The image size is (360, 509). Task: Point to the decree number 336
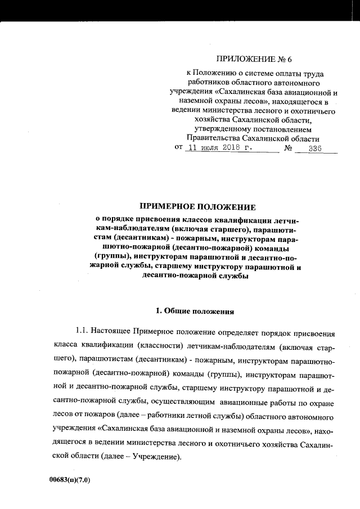[314, 148]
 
